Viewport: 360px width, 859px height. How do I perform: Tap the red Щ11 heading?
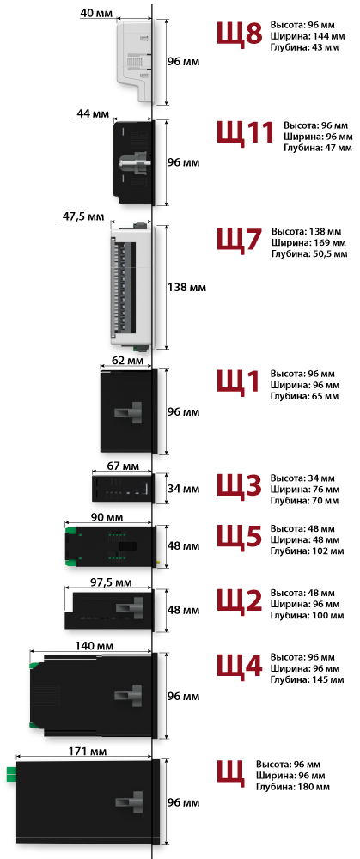click(244, 132)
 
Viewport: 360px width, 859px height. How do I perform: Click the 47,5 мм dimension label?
click(82, 216)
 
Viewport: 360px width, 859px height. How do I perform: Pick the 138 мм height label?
click(186, 287)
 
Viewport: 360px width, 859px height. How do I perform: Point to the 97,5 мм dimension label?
click(110, 582)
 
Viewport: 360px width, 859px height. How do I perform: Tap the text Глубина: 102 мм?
click(307, 551)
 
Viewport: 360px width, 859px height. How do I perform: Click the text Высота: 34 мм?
click(302, 478)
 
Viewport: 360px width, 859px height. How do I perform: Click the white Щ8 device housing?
click(134, 59)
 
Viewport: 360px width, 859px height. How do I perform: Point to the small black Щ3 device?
click(122, 488)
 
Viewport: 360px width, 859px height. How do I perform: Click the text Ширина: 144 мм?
click(308, 36)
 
